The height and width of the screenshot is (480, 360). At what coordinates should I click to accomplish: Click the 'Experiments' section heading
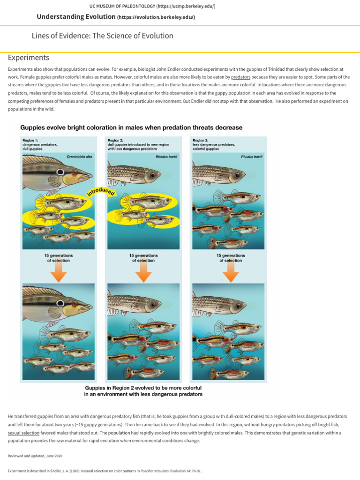pyautogui.click(x=29, y=58)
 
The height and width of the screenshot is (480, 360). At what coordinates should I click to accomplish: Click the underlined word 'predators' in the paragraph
pyautogui.click(x=240, y=76)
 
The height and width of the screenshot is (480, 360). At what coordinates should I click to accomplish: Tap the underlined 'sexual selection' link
pyautogui.click(x=24, y=433)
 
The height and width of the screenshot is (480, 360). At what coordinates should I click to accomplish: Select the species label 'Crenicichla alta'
pyautogui.click(x=79, y=156)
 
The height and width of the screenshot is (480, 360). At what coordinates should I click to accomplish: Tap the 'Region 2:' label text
pyautogui.click(x=115, y=140)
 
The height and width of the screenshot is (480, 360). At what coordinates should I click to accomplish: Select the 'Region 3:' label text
pyautogui.click(x=200, y=140)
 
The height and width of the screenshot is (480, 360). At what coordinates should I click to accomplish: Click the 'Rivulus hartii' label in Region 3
pyautogui.click(x=252, y=156)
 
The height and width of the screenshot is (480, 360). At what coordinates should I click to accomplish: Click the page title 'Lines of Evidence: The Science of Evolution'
pyautogui.click(x=102, y=36)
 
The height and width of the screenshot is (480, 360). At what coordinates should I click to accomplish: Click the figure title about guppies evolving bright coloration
pyautogui.click(x=131, y=127)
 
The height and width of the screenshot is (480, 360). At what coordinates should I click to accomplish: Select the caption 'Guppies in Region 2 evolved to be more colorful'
pyautogui.click(x=143, y=388)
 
